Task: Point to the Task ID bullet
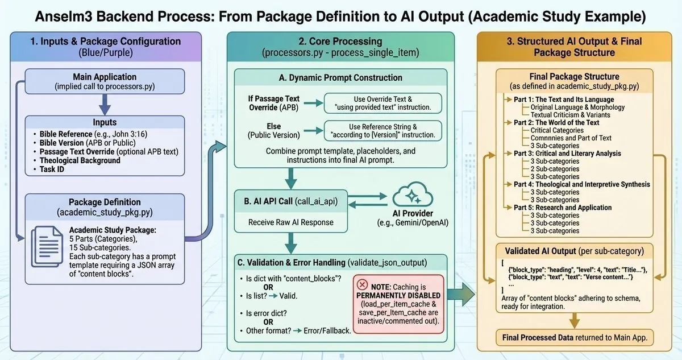52,168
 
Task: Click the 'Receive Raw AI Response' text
283,222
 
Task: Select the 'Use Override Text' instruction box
382,103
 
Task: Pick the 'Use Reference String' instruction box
382,130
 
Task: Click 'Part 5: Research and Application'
563,208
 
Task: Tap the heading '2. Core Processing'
340,41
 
